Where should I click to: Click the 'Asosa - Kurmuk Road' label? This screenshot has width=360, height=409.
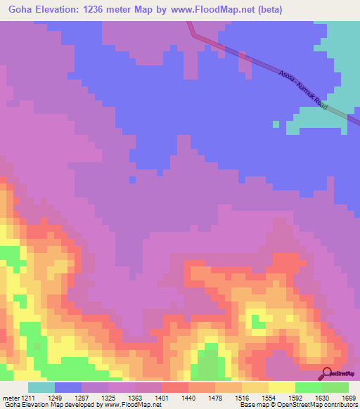[304, 89]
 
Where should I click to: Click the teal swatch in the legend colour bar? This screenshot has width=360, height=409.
[41, 387]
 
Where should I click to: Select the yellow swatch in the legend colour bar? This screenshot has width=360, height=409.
[282, 387]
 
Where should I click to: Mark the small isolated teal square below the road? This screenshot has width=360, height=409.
[275, 124]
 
